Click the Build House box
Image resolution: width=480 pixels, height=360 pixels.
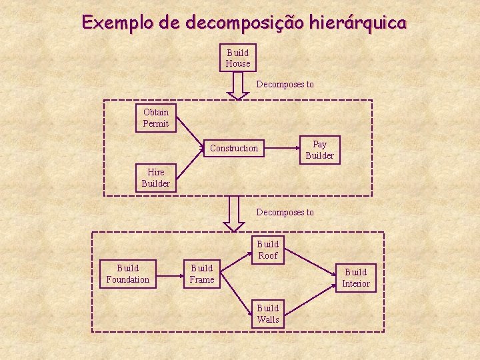click(238, 58)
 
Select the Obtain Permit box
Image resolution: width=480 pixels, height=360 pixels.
click(155, 118)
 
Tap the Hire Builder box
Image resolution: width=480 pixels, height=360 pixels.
click(155, 177)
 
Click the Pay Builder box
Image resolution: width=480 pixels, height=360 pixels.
click(319, 150)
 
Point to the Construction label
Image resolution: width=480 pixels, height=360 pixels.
click(233, 148)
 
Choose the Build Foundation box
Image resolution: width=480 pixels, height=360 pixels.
click(127, 274)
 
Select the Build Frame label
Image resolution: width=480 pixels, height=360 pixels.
click(201, 274)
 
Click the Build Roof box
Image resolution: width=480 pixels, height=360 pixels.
click(268, 250)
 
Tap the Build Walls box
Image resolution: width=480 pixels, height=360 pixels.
click(268, 314)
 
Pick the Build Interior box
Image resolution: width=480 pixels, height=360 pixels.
click(355, 278)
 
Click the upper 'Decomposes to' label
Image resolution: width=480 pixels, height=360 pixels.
click(285, 85)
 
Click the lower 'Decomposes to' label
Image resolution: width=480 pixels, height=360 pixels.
click(285, 213)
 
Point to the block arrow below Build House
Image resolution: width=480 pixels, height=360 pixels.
click(238, 85)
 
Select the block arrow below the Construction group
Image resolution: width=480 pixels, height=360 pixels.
click(233, 213)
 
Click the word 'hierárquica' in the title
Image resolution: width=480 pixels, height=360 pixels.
click(355, 23)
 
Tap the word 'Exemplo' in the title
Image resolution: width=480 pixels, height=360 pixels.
click(117, 23)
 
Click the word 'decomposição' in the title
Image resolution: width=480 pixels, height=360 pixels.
click(244, 23)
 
